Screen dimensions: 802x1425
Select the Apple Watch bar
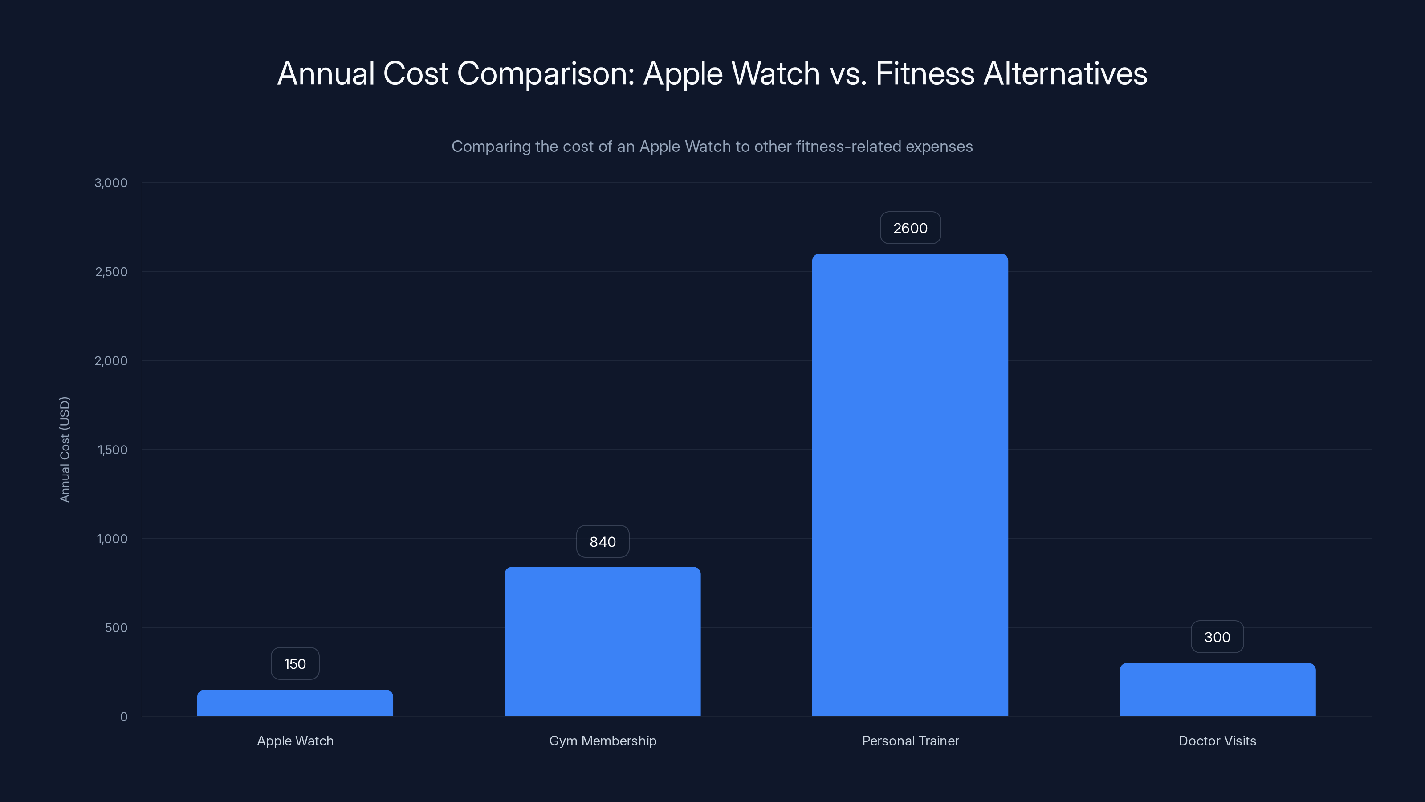pyautogui.click(x=295, y=703)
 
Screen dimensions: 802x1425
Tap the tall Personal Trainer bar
pyautogui.click(x=910, y=485)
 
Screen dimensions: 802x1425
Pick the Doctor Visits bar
pyautogui.click(x=1217, y=690)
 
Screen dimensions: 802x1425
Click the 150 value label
pyautogui.click(x=295, y=663)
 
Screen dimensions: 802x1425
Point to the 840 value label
pyautogui.click(x=603, y=541)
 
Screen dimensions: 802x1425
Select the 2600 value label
pyautogui.click(x=910, y=228)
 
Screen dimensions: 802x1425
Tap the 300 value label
pyautogui.click(x=1217, y=637)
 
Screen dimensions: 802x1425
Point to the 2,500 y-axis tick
pyautogui.click(x=111, y=272)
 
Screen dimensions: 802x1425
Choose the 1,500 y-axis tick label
pyautogui.click(x=112, y=450)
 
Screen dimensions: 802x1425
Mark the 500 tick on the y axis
pyautogui.click(x=116, y=628)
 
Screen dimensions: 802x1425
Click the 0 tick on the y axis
pyautogui.click(x=123, y=717)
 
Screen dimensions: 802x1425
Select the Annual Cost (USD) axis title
pyautogui.click(x=65, y=450)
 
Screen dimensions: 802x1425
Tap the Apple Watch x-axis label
pyautogui.click(x=295, y=741)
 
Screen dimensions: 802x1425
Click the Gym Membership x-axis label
pyautogui.click(x=603, y=741)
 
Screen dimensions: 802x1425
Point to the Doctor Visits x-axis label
pyautogui.click(x=1217, y=741)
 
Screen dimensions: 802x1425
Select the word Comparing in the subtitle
pyautogui.click(x=491, y=147)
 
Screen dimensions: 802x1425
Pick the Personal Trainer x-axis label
pyautogui.click(x=910, y=741)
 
